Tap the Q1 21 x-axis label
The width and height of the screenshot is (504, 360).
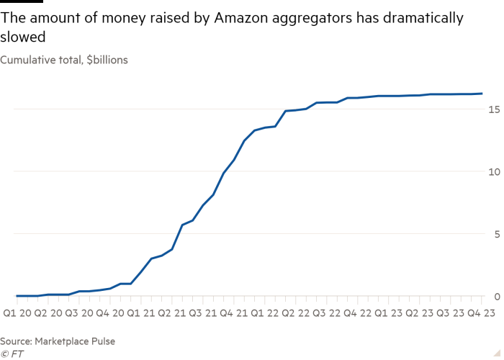click(x=140, y=313)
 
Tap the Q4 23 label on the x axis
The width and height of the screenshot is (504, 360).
click(x=481, y=313)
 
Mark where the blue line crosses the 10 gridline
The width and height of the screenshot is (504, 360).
click(x=225, y=171)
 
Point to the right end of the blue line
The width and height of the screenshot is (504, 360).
click(x=482, y=94)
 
